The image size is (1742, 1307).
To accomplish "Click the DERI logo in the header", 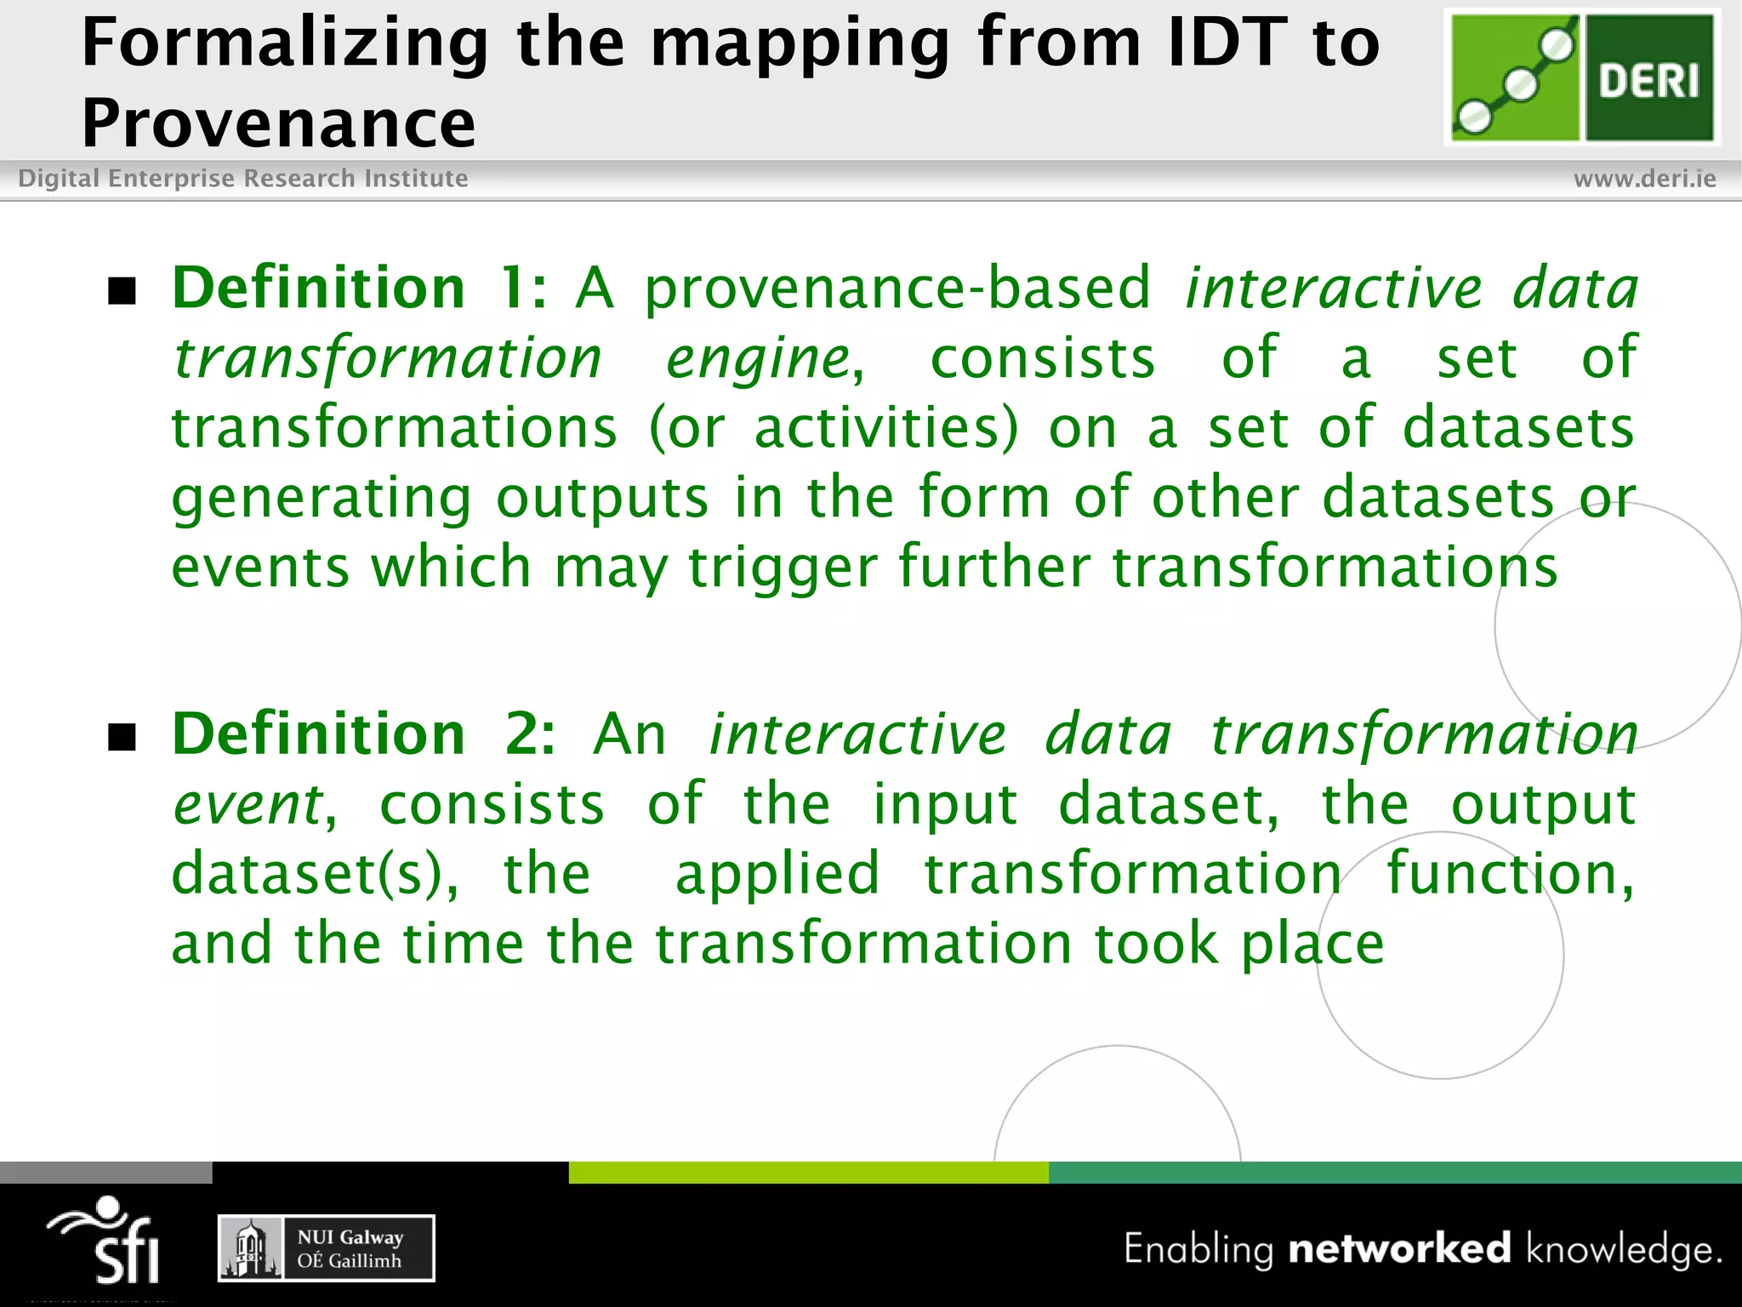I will [x=1582, y=77].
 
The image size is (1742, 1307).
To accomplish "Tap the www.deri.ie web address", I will [x=1644, y=179].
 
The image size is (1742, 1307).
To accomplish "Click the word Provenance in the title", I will [x=278, y=123].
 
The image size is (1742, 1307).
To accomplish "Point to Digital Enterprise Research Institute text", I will [x=243, y=179].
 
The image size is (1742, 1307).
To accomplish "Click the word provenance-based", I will [x=897, y=288].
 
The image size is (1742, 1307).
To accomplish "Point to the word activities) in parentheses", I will [x=885, y=427].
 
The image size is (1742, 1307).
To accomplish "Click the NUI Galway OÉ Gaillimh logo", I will [x=327, y=1248].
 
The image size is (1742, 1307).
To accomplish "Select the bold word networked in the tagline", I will [x=1399, y=1249].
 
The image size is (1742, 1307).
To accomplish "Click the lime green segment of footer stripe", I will [x=808, y=1173].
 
